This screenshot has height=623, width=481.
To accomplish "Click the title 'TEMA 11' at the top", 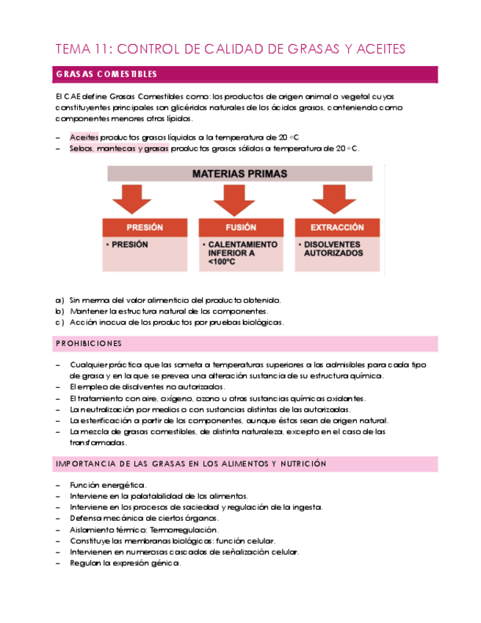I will tap(84, 49).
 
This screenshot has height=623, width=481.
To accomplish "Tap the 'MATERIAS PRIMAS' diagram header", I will tap(239, 174).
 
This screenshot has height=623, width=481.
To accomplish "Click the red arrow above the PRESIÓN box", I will tap(133, 198).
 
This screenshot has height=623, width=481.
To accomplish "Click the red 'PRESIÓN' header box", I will tap(145, 228).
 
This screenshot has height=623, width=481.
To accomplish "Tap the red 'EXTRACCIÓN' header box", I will tap(337, 228).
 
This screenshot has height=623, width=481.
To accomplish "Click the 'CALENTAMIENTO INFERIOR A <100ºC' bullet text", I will tap(242, 253).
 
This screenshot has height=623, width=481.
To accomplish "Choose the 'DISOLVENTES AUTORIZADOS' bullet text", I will tap(333, 249).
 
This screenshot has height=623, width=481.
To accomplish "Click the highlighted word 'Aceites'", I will tap(84, 137).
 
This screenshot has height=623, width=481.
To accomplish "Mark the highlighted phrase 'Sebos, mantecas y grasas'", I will tap(119, 148).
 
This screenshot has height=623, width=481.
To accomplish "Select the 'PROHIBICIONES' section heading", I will tap(89, 344).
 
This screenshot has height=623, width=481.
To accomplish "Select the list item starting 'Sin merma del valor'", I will tap(175, 300).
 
